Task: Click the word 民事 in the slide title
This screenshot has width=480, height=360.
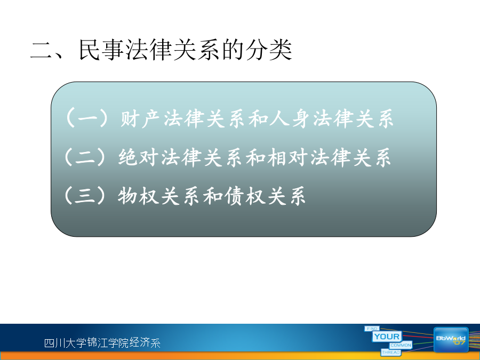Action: [101, 50]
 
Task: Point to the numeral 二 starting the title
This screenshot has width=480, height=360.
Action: [41, 51]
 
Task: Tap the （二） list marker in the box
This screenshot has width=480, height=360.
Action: [85, 157]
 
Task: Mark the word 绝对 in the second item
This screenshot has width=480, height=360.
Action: [138, 157]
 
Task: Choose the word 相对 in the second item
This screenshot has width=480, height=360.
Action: [287, 157]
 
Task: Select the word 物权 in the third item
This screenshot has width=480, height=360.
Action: [138, 195]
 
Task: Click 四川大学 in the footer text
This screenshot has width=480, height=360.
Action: [66, 342]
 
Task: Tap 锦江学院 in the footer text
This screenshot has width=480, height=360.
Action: [108, 342]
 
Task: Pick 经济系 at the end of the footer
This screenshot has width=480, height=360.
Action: [145, 342]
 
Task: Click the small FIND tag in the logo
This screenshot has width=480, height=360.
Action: [372, 329]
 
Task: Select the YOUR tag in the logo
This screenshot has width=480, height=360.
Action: [387, 337]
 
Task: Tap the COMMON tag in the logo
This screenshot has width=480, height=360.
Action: [401, 345]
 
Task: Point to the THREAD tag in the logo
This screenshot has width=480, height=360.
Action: [391, 353]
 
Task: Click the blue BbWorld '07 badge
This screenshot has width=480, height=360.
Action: [451, 340]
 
